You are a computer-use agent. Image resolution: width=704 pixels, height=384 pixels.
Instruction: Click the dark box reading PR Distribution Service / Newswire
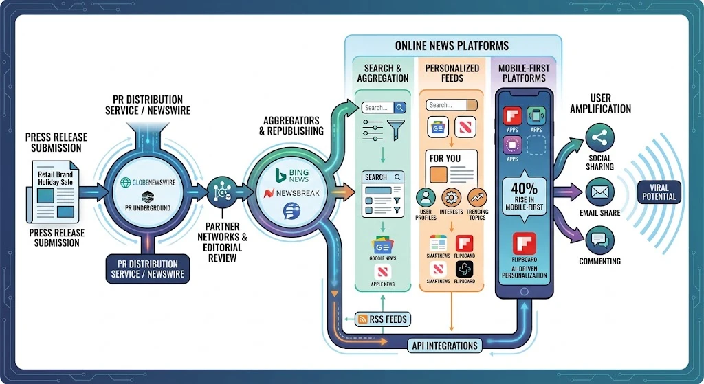pyautogui.click(x=147, y=269)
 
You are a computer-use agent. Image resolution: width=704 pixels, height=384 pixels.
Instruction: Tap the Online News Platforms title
pyautogui.click(x=452, y=46)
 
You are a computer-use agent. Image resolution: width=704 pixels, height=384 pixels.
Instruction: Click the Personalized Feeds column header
pyautogui.click(x=452, y=73)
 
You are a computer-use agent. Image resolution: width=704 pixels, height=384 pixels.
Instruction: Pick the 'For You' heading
pyautogui.click(x=445, y=158)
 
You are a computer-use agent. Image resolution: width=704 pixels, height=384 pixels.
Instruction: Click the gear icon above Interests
pyautogui.click(x=451, y=197)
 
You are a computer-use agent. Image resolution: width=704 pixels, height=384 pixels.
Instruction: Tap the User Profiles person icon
pyautogui.click(x=426, y=197)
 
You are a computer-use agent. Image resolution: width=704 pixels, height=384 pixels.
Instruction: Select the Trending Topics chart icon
pyautogui.click(x=477, y=197)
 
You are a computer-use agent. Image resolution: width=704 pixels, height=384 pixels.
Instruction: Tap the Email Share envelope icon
pyautogui.click(x=599, y=190)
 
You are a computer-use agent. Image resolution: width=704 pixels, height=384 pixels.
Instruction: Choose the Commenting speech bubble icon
pyautogui.click(x=599, y=240)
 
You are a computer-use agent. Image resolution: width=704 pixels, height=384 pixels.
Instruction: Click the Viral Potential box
pyautogui.click(x=659, y=192)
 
